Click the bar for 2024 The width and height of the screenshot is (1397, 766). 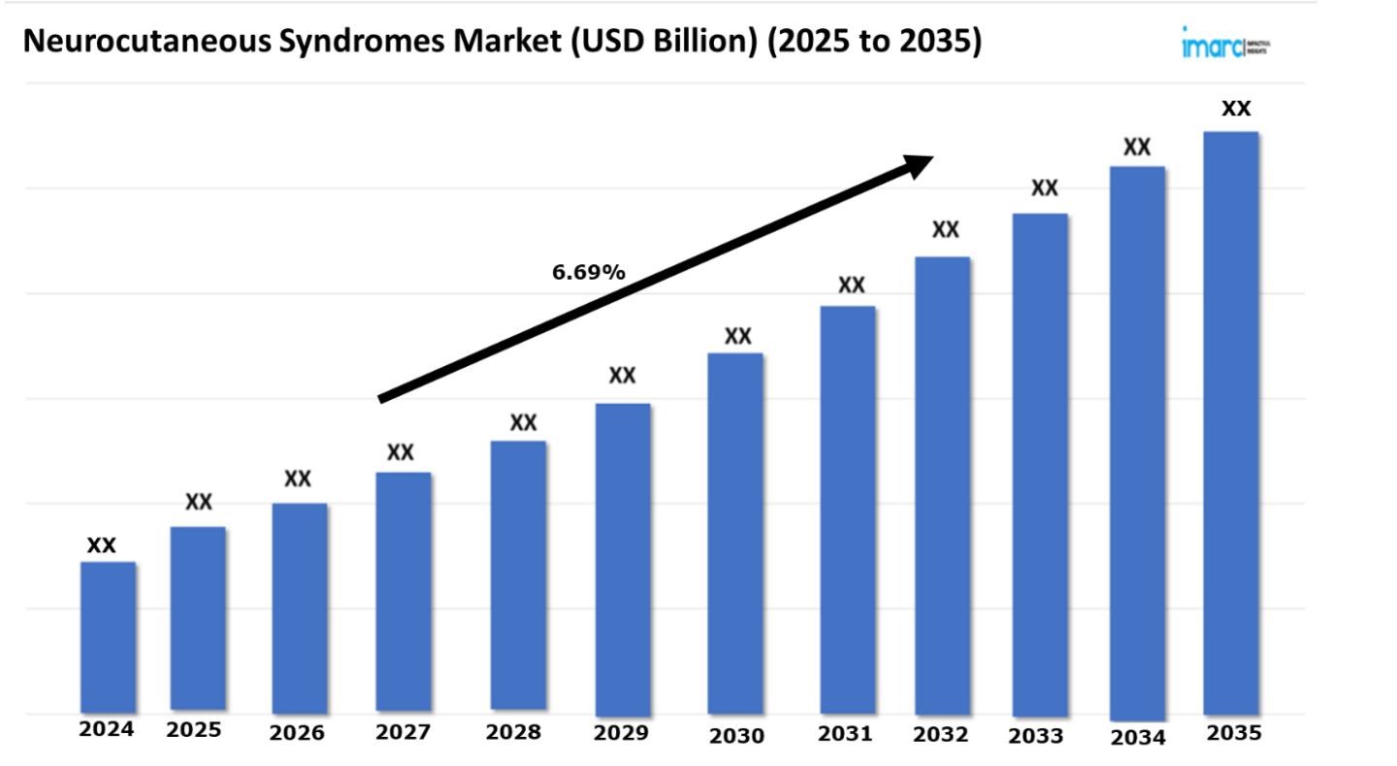click(x=108, y=637)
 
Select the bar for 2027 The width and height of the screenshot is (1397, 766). click(x=404, y=592)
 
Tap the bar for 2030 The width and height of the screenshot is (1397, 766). click(x=735, y=534)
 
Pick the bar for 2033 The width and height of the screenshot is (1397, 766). click(x=1040, y=466)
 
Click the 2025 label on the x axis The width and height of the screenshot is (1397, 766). click(x=194, y=731)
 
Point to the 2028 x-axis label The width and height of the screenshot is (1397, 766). click(x=514, y=732)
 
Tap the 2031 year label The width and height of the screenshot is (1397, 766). click(x=845, y=735)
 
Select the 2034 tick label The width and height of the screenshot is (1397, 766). click(x=1138, y=738)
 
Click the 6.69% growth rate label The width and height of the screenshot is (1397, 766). click(x=589, y=273)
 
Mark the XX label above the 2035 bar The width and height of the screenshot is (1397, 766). click(x=1236, y=109)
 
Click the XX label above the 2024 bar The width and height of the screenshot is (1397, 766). click(x=102, y=546)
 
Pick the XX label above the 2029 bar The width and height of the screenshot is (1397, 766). click(x=622, y=375)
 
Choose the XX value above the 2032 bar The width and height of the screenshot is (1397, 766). click(x=945, y=230)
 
